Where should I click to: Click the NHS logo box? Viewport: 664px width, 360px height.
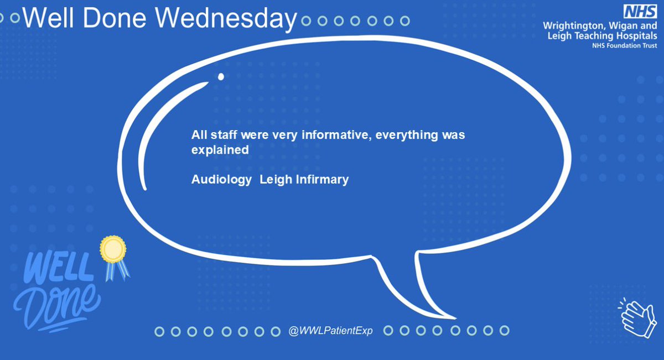[640, 12]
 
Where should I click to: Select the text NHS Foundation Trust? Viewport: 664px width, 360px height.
[625, 46]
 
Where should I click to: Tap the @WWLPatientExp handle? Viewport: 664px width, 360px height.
[330, 331]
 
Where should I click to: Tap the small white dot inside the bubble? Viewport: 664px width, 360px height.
[221, 77]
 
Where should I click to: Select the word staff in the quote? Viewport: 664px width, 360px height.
[220, 135]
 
